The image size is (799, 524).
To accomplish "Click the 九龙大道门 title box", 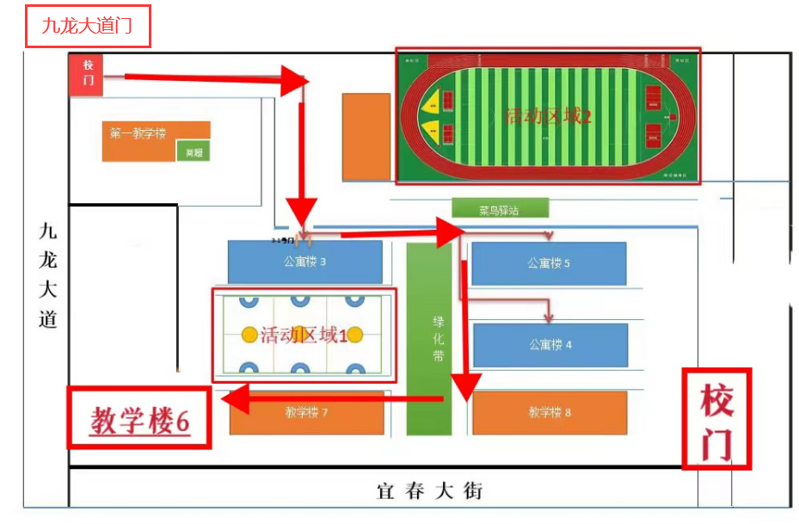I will (x=87, y=27).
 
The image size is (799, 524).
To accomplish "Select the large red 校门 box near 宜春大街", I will (x=716, y=419).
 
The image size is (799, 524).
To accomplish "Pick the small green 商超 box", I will (x=193, y=152).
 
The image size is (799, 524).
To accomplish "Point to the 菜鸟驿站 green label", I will (x=500, y=208).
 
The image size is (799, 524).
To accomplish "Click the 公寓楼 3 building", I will (x=304, y=262).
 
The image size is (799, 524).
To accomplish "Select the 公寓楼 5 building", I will (x=549, y=263).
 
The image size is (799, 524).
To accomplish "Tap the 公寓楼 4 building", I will (x=550, y=344).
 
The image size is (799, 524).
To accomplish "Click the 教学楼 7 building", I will (x=306, y=412).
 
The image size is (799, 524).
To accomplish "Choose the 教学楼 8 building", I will (x=549, y=413).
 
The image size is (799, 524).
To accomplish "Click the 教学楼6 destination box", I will (x=139, y=419).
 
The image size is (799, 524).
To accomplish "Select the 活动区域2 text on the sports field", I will (x=548, y=115).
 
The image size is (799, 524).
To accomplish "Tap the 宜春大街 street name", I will (x=431, y=491).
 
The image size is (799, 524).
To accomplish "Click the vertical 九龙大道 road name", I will (x=48, y=275).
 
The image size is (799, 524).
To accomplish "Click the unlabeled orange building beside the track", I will (x=366, y=137).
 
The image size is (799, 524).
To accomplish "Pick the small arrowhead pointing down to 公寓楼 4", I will (x=548, y=317).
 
